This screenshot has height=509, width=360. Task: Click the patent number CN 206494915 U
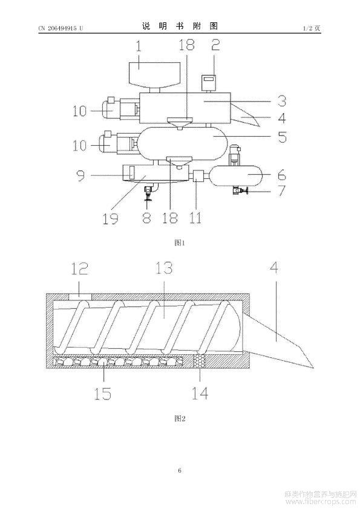(x=61, y=28)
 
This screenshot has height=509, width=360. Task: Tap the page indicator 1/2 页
(x=312, y=28)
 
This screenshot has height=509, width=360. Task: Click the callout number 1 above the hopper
(x=139, y=46)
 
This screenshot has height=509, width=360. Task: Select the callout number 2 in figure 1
(x=215, y=45)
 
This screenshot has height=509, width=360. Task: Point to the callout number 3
(x=282, y=101)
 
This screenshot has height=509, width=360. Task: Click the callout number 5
(x=283, y=137)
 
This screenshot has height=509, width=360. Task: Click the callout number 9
(x=81, y=175)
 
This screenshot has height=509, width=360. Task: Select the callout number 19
(x=110, y=218)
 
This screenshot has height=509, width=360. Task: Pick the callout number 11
(x=195, y=218)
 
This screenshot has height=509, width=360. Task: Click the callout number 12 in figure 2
(x=80, y=268)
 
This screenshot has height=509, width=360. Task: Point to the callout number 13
(x=164, y=268)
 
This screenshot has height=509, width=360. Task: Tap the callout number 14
(x=200, y=394)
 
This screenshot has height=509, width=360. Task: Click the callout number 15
(x=103, y=394)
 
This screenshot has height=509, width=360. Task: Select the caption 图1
(x=180, y=242)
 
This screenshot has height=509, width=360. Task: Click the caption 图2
(x=180, y=418)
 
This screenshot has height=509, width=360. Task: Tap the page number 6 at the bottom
(x=180, y=470)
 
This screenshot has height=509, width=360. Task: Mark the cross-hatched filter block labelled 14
(x=200, y=361)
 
